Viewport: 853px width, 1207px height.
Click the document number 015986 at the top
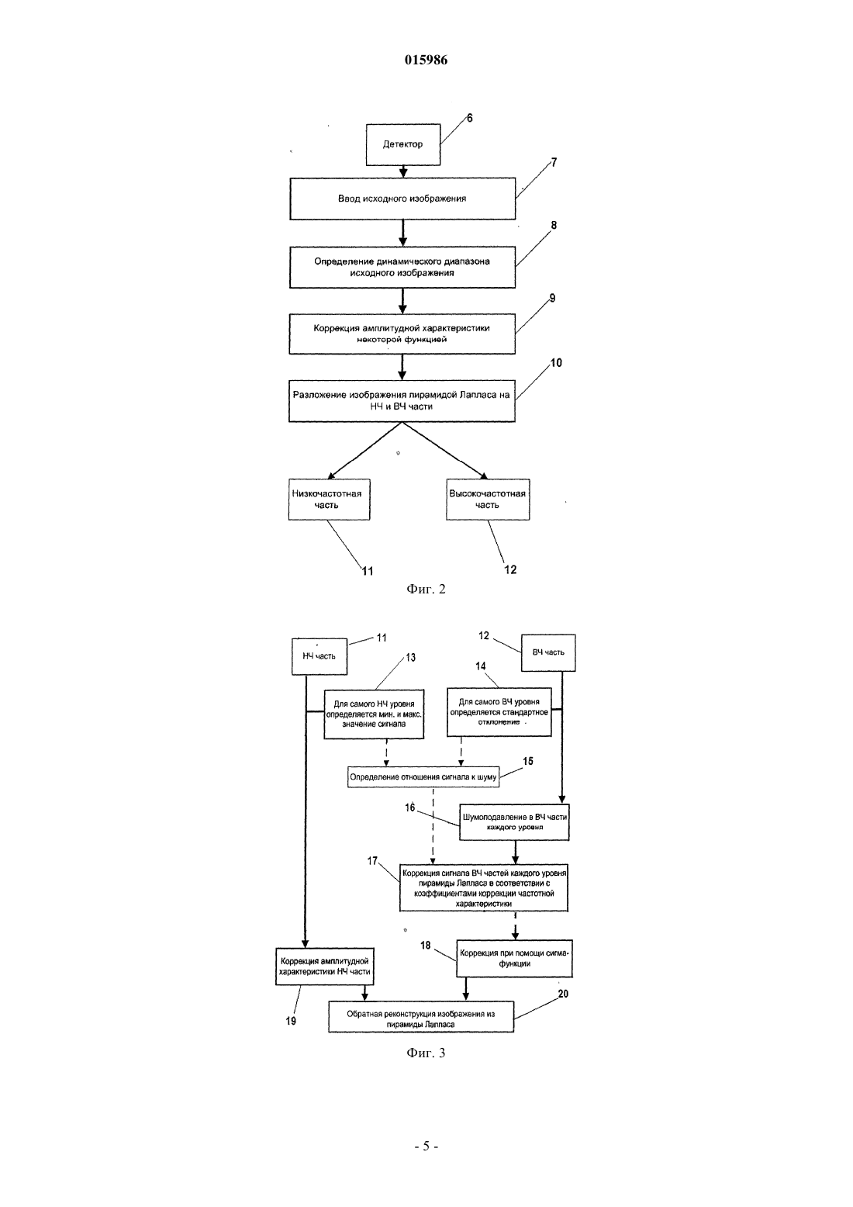(x=426, y=59)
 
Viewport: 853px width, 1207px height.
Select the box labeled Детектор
(x=403, y=144)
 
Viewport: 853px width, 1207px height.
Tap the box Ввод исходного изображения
(x=402, y=199)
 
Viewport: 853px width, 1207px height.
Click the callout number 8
(x=554, y=225)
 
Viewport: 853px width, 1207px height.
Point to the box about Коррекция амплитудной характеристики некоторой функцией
(x=402, y=334)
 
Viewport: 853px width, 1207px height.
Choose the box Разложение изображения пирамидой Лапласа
(x=402, y=401)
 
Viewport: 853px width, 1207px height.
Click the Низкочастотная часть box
(x=329, y=500)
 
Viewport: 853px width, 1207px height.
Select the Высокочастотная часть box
(x=487, y=500)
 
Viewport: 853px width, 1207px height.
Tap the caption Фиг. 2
(x=426, y=589)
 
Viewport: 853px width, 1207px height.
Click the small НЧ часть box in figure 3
(x=319, y=656)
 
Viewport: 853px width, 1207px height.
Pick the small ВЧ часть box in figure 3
(x=548, y=652)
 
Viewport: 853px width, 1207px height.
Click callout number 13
(x=411, y=657)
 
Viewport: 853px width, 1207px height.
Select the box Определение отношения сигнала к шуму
(x=423, y=777)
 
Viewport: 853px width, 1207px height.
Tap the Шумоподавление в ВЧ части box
(x=514, y=822)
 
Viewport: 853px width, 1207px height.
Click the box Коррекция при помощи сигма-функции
(x=514, y=959)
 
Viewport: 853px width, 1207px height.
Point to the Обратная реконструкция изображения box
(x=421, y=1017)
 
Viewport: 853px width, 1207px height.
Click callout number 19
(x=291, y=1021)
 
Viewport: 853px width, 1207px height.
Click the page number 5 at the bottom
(x=426, y=1146)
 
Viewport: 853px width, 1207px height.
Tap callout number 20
(x=563, y=994)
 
